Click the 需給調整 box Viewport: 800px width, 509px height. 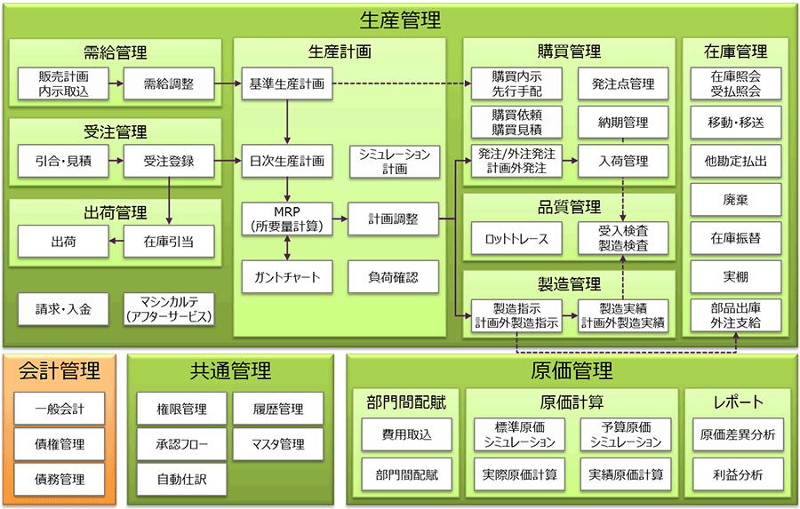click(169, 84)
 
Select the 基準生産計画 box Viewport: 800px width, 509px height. click(286, 84)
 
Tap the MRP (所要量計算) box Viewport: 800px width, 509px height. click(286, 219)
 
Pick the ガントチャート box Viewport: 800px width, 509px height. click(286, 277)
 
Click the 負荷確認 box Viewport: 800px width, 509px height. click(395, 277)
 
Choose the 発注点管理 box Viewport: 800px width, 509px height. click(623, 84)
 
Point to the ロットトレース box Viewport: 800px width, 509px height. click(516, 238)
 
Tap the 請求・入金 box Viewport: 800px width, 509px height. click(61, 309)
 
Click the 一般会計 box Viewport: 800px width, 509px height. click(60, 410)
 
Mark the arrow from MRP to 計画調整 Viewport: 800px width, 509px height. click(338, 219)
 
